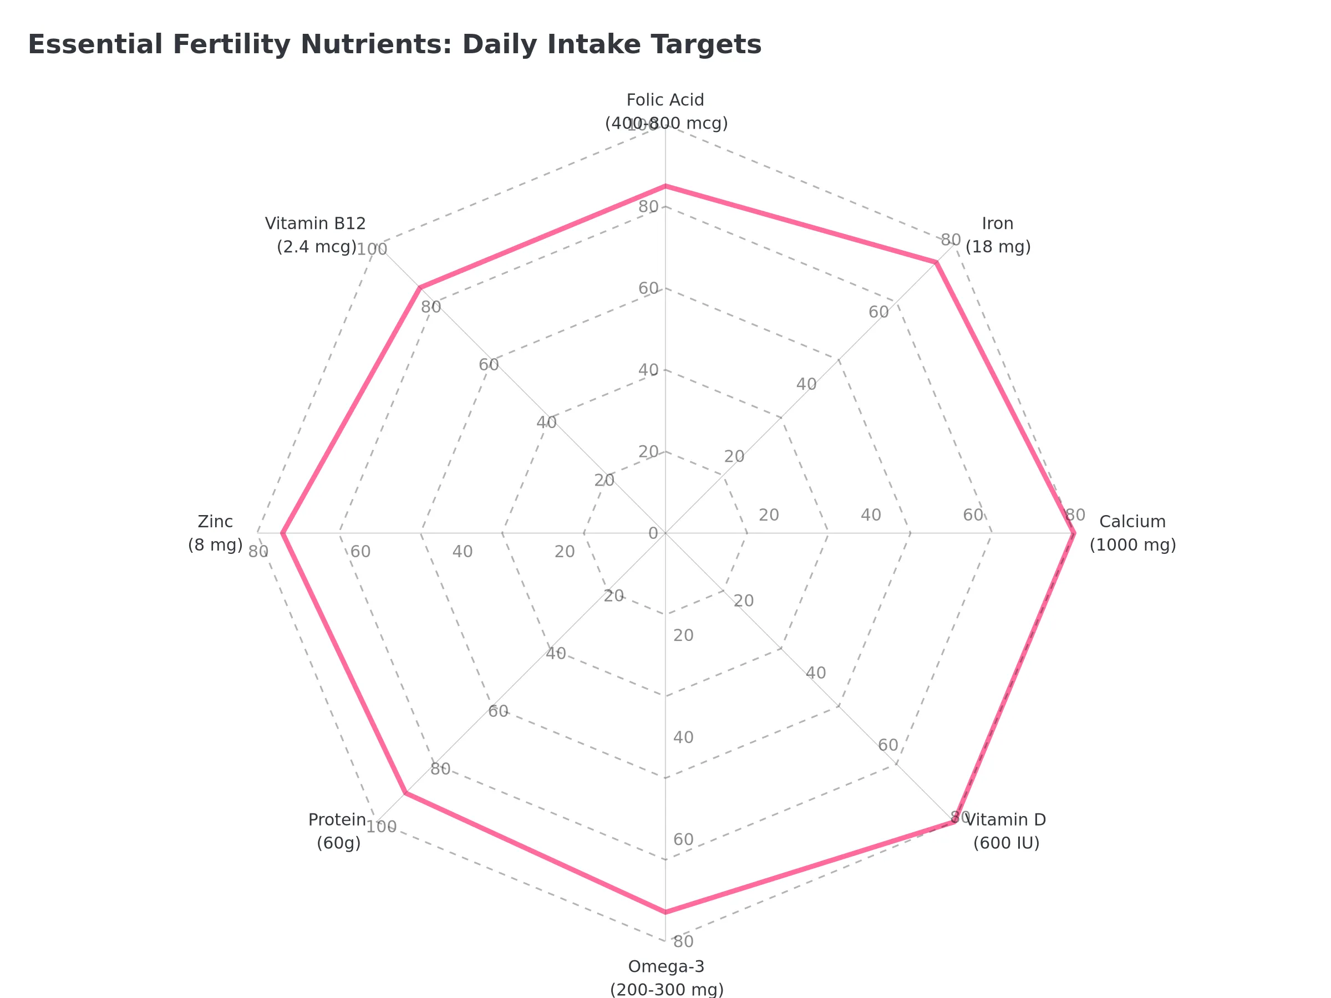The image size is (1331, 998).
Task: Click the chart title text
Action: [x=394, y=45]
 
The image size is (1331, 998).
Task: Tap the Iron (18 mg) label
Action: [x=997, y=235]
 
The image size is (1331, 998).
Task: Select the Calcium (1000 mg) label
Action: [x=1132, y=533]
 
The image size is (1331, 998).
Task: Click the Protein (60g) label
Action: [x=338, y=831]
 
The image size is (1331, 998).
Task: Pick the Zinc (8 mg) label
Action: [x=215, y=533]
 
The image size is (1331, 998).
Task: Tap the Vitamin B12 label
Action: [x=316, y=235]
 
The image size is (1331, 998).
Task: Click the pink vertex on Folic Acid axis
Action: [x=665, y=186]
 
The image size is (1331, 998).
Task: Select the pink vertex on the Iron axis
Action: [x=936, y=262]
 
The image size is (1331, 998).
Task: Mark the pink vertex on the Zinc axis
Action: [x=282, y=533]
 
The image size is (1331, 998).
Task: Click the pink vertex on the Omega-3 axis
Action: [x=665, y=913]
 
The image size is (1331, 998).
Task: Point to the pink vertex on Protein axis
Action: [x=405, y=793]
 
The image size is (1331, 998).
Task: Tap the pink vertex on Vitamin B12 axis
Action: [x=419, y=287]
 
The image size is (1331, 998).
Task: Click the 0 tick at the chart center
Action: [x=653, y=533]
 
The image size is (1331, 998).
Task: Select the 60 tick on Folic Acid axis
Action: [x=648, y=288]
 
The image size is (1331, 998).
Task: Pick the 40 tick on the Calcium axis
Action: [x=871, y=516]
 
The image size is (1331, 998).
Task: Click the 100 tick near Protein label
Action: [x=382, y=827]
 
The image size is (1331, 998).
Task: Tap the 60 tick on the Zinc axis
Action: [x=360, y=551]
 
